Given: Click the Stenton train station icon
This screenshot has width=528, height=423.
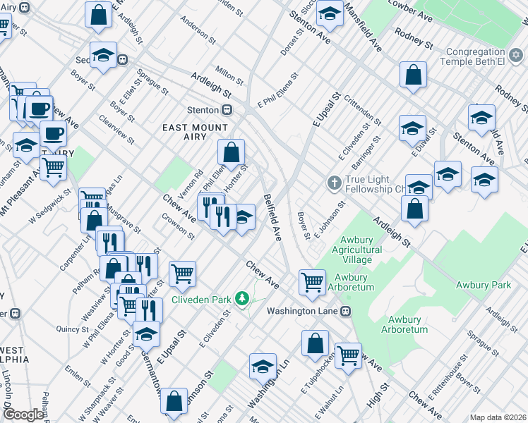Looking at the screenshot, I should pos(227,110).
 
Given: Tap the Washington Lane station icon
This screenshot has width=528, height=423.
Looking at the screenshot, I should pos(346,310).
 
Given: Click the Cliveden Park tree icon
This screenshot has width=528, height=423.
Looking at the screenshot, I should pos(243,300).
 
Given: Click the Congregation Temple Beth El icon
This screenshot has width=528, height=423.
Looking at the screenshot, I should pos(516,55).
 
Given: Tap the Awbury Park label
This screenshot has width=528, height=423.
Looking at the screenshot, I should pos(483,286).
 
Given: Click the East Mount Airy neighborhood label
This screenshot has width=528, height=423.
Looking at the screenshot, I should pos(196,128).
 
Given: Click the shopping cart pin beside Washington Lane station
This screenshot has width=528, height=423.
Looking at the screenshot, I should pos(312,281).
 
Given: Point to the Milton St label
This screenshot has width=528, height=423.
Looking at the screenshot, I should pos(229,74).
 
